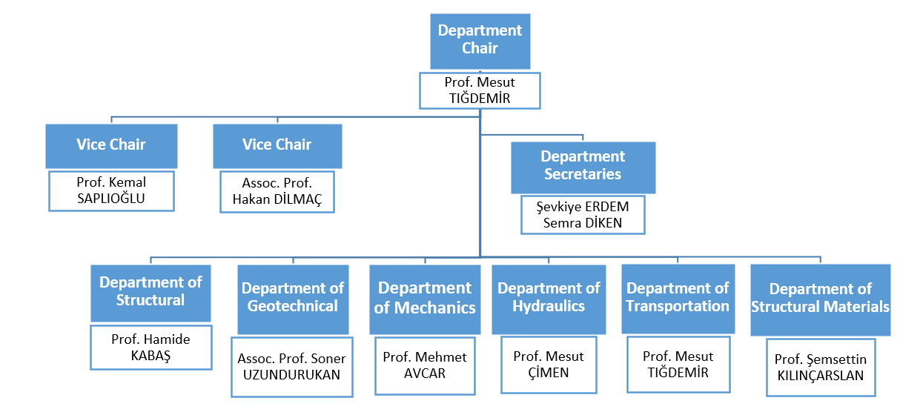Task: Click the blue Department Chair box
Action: (480, 40)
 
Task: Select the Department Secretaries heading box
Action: (582, 167)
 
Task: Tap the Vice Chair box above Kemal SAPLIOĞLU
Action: (111, 145)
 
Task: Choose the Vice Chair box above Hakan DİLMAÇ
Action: (277, 145)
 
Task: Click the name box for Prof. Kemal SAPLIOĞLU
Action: (111, 191)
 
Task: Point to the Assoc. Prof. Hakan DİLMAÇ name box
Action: (277, 191)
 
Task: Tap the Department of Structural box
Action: (150, 292)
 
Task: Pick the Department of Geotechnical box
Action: (293, 299)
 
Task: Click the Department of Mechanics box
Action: (425, 299)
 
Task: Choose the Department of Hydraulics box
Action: (549, 298)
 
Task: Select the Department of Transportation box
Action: (678, 298)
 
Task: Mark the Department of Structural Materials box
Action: (820, 299)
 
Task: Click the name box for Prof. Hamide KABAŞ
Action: (150, 348)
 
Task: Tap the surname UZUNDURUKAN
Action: (291, 375)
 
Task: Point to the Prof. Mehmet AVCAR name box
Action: (425, 365)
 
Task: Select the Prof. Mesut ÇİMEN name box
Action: (549, 365)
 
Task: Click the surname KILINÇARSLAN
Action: (820, 376)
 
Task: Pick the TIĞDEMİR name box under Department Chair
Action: (480, 90)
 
